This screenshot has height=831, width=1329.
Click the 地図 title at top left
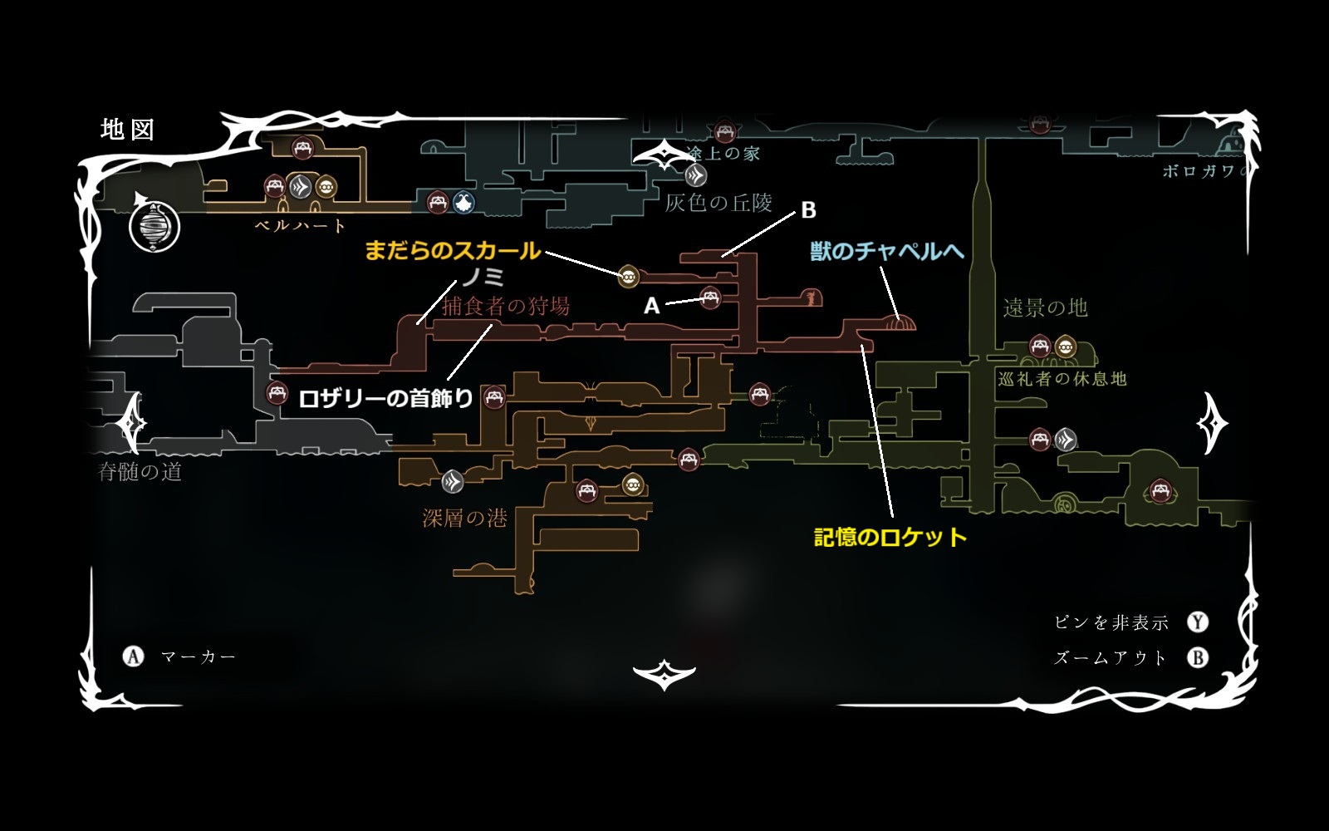point(127,130)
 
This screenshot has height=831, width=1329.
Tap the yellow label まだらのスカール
point(453,250)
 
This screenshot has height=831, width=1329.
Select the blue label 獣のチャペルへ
point(887,251)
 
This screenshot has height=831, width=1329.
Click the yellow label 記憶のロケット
point(890,537)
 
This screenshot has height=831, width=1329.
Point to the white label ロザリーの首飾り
point(386,399)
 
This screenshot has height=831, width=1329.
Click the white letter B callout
point(808,210)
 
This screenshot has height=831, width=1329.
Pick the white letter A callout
point(652,307)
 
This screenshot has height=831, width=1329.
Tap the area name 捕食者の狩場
point(506,306)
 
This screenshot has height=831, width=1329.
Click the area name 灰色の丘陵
point(718,203)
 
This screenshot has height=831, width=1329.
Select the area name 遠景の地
point(1045,308)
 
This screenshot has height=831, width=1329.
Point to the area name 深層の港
point(464,519)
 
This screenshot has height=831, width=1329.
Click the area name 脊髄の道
point(140,472)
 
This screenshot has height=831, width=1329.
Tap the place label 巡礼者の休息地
point(1062,379)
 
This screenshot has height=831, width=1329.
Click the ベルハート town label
point(300,225)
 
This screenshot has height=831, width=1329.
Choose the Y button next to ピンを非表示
point(1198,622)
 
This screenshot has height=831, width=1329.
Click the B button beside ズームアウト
point(1198,658)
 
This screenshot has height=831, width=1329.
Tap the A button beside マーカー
point(133,657)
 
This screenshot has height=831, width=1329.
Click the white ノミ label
point(483,277)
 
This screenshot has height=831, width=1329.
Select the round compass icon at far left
point(154,226)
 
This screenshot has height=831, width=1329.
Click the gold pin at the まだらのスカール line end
point(629,276)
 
